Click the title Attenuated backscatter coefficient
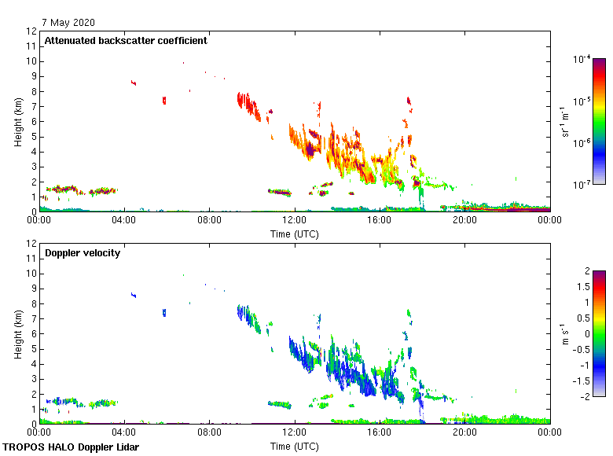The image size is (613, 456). point(126,41)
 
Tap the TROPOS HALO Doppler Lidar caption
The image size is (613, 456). point(71,447)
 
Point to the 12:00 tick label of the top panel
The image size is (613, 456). point(295,221)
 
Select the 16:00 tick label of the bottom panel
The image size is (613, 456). point(380,433)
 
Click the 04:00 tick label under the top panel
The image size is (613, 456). point(124,221)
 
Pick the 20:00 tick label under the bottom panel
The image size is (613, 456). point(464,433)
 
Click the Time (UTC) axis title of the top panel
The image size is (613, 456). point(295,234)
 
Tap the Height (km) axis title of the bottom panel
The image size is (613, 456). point(17,333)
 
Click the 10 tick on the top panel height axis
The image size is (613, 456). point(31,61)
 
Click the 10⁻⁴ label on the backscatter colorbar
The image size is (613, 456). point(582,59)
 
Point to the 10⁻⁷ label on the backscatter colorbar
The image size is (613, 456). point(582,184)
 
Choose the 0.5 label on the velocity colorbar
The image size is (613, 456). point(582,318)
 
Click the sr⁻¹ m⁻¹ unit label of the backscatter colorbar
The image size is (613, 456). point(566,122)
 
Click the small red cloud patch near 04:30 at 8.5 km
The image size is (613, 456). point(134,83)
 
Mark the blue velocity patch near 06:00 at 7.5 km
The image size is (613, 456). point(164,312)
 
